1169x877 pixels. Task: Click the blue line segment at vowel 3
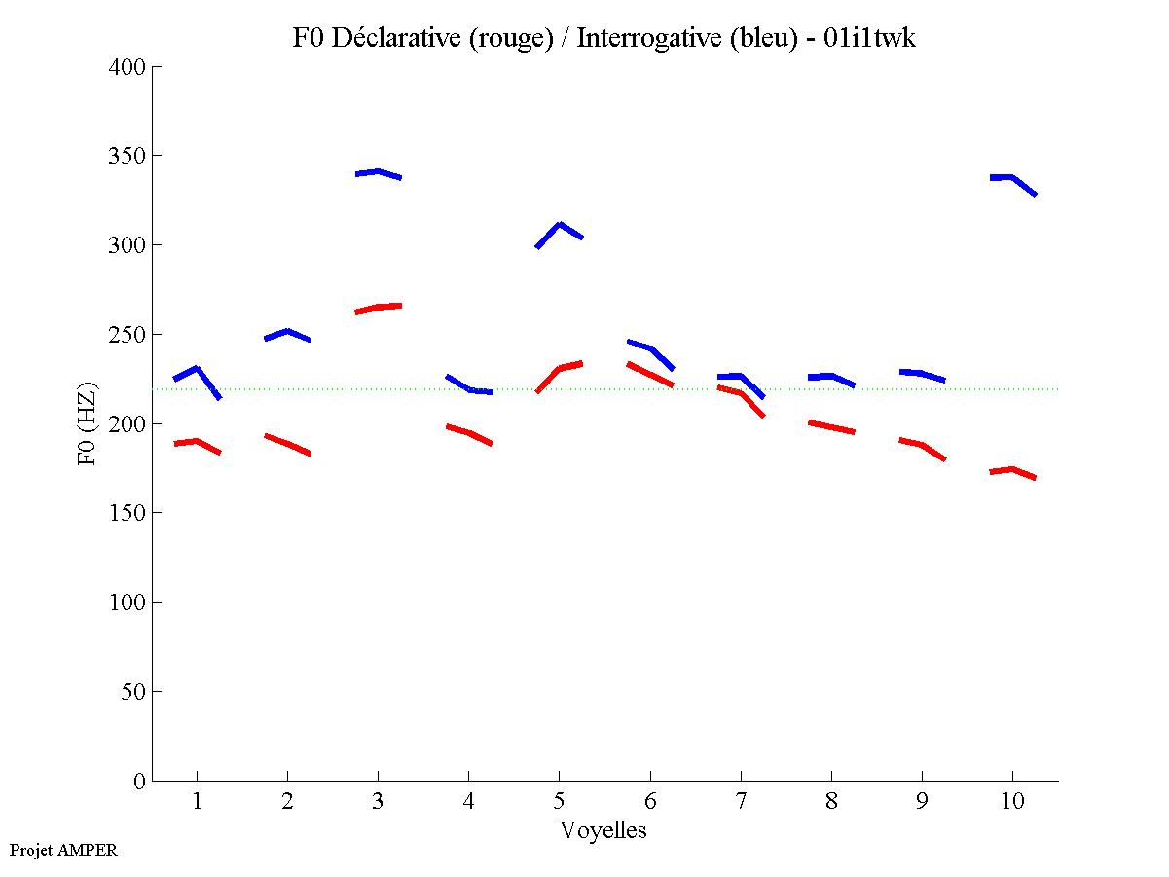coord(378,172)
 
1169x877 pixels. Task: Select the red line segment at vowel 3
coord(378,307)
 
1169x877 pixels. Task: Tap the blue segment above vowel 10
coord(1012,178)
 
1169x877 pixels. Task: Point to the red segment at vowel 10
coord(1012,470)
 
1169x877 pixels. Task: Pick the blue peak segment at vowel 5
coord(559,226)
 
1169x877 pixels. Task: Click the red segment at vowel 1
coord(197,442)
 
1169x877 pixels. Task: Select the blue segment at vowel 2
coord(287,332)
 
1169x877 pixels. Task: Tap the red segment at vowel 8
coord(831,426)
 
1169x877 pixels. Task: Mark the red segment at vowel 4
coord(468,432)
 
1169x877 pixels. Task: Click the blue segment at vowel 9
coord(922,374)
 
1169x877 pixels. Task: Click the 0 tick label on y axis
coord(140,781)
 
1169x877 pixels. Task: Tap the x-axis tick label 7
coord(741,802)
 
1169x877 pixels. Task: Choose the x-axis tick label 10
coord(1012,802)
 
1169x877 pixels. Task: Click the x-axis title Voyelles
coord(603,830)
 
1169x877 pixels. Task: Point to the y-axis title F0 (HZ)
coord(88,423)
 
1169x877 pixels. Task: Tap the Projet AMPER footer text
coord(63,850)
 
